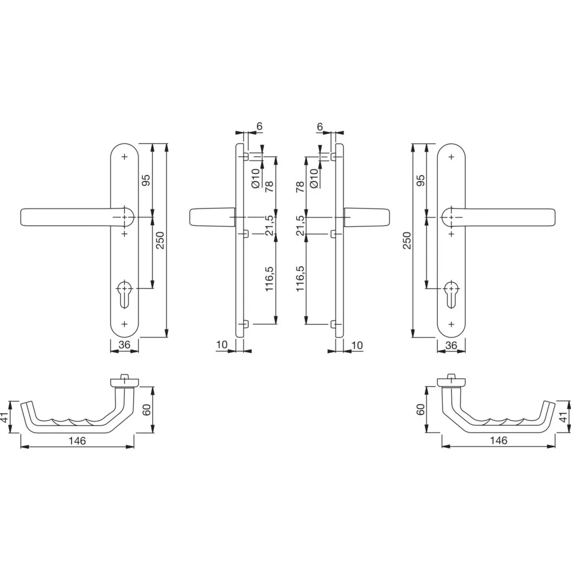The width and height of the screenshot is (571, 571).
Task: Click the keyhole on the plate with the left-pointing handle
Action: click(124, 294)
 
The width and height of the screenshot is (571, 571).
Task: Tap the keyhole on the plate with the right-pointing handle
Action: click(451, 294)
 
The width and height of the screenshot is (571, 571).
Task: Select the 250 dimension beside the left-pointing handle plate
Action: click(161, 240)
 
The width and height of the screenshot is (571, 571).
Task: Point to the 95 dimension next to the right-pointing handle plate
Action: click(420, 181)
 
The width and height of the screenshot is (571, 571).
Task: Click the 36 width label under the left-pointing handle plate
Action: click(124, 345)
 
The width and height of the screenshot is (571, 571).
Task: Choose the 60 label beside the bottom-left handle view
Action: click(147, 410)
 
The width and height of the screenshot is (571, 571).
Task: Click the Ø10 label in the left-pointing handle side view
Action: click(255, 178)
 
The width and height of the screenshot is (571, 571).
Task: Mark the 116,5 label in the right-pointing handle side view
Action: click(299, 279)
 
